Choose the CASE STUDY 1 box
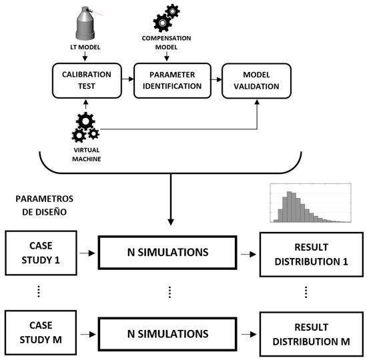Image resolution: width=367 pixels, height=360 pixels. click(39, 254)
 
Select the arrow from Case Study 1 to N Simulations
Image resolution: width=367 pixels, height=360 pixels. click(85, 254)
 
